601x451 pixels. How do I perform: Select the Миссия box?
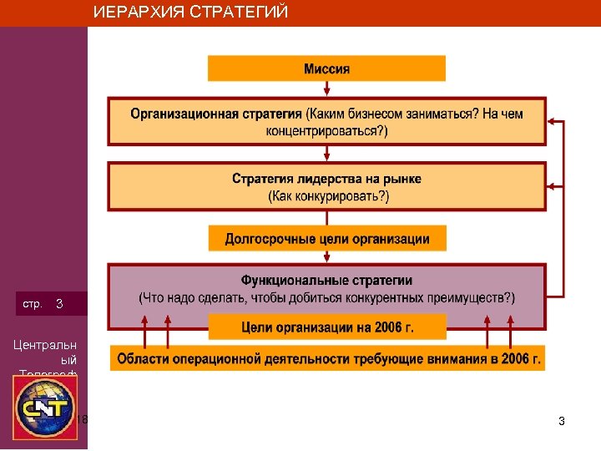click(x=326, y=68)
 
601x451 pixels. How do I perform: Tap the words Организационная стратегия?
click(x=216, y=114)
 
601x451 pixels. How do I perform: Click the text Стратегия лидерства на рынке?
click(x=326, y=179)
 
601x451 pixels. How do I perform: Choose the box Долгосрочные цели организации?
click(x=326, y=238)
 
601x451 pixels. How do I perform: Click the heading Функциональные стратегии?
click(x=326, y=281)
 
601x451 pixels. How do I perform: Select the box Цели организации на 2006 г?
click(x=326, y=327)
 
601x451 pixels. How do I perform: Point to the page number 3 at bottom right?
click(x=562, y=422)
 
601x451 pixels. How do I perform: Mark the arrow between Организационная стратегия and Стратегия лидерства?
click(x=326, y=154)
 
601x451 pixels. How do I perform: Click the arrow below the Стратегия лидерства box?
click(x=326, y=216)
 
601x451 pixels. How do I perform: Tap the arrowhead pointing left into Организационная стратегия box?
click(x=553, y=122)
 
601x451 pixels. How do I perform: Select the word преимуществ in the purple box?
click(x=472, y=297)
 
